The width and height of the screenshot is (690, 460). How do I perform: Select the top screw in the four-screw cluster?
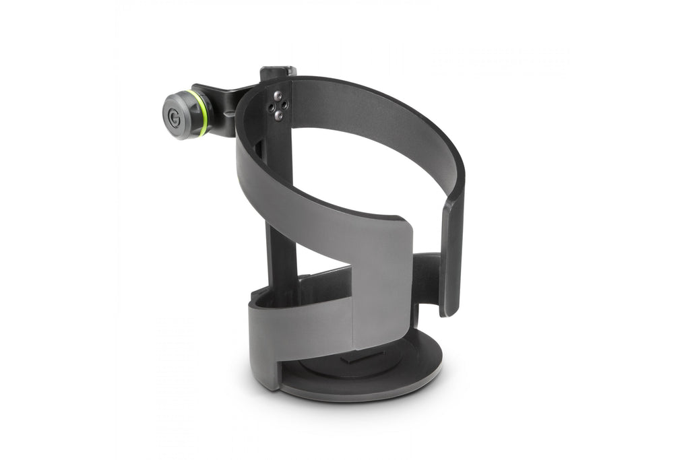click(278, 94)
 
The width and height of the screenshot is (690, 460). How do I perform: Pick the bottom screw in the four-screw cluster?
click(278, 115)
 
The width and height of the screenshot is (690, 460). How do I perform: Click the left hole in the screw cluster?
click(271, 106)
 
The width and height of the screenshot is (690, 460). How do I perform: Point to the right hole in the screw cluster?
click(285, 104)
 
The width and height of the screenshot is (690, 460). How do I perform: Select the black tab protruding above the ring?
click(278, 71)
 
